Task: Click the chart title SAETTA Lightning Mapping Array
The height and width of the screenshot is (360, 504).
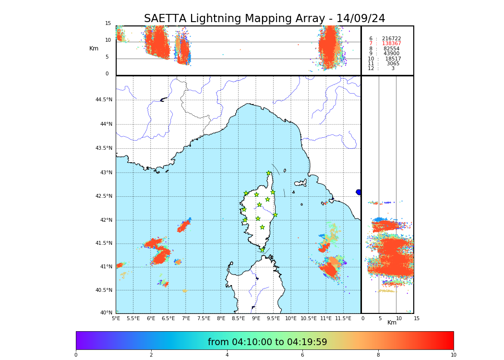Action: click(x=264, y=19)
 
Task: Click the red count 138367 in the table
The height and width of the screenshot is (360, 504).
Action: click(x=392, y=44)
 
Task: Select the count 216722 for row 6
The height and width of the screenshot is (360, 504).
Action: click(x=392, y=39)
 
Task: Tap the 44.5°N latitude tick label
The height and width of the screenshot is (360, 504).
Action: click(x=104, y=100)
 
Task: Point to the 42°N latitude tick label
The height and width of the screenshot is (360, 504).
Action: click(x=105, y=220)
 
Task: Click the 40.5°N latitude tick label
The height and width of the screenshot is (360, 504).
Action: click(x=104, y=290)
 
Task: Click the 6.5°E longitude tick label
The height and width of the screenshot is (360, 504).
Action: click(x=168, y=319)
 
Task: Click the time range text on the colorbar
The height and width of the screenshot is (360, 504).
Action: click(x=267, y=342)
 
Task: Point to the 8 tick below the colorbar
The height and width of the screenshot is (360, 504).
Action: click(x=378, y=355)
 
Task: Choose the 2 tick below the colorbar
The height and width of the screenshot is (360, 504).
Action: click(x=151, y=355)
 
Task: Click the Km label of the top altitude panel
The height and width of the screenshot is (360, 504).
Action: click(x=94, y=48)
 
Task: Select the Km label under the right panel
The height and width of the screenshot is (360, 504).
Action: click(x=392, y=323)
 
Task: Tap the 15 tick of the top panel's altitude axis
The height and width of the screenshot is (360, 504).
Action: click(x=108, y=24)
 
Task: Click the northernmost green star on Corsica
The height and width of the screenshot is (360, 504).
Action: click(x=269, y=173)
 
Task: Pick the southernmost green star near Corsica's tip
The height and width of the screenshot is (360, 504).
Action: click(x=262, y=250)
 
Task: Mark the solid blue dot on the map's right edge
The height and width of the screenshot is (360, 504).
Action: click(x=359, y=192)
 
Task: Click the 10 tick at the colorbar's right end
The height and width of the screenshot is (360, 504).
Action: click(x=453, y=355)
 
